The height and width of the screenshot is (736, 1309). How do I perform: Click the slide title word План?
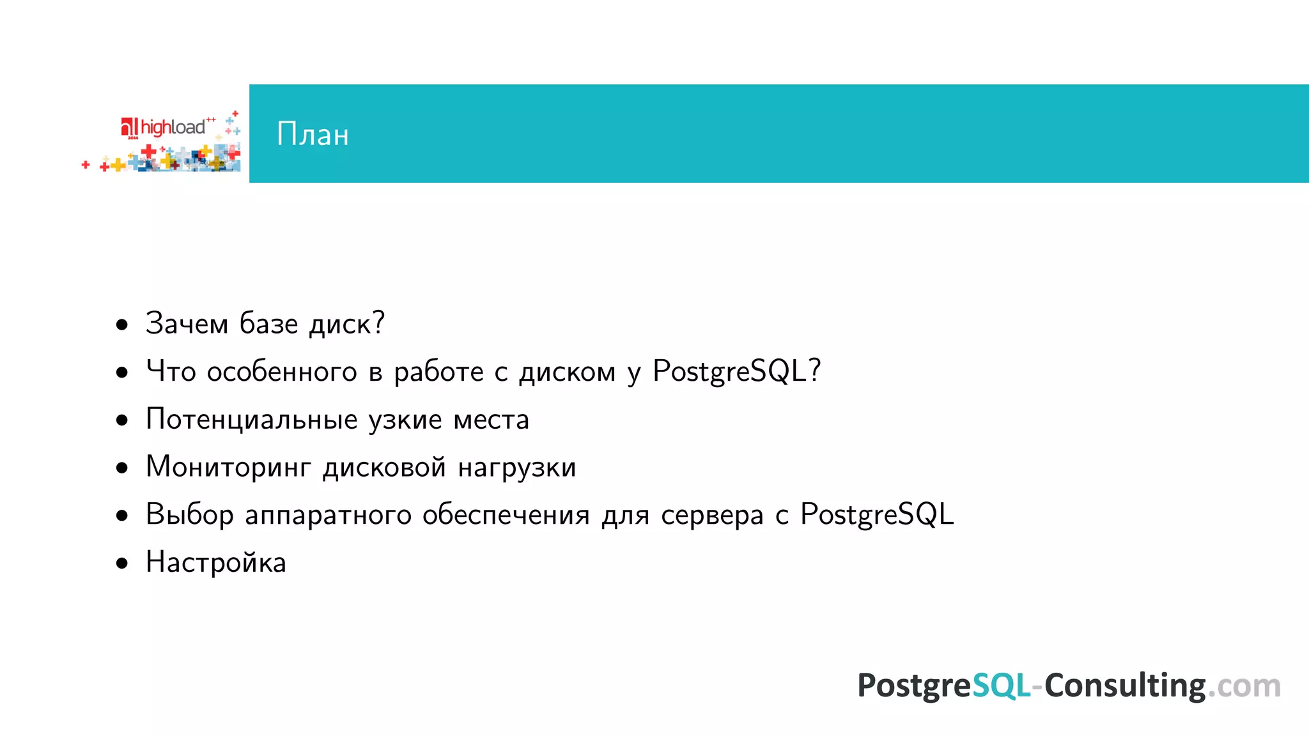[x=313, y=134]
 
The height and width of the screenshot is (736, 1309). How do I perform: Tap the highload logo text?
[x=173, y=127]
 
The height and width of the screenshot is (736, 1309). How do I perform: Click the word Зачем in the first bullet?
[x=187, y=323]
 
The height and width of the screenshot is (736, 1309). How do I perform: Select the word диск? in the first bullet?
[x=347, y=323]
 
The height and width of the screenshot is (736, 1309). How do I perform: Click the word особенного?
[x=282, y=372]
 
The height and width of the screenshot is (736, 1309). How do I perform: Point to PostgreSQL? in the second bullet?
[x=736, y=371]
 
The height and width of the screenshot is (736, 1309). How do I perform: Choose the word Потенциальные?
[x=252, y=420]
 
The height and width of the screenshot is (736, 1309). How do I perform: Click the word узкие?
[x=405, y=420]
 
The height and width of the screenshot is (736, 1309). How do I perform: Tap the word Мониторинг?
[x=228, y=468]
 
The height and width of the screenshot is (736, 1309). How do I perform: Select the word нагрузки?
[x=517, y=468]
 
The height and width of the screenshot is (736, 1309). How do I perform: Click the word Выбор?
[x=190, y=515]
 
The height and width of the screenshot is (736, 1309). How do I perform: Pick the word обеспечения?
[x=506, y=515]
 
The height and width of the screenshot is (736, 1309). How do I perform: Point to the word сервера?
[x=712, y=515]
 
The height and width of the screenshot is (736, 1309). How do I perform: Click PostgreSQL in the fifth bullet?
[x=877, y=514]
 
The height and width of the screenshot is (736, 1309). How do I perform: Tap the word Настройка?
[x=216, y=563]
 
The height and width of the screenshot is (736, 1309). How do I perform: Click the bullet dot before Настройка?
[x=122, y=563]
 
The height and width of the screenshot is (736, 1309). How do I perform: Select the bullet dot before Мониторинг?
[x=122, y=468]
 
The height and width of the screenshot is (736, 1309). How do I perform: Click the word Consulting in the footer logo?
[x=1125, y=686]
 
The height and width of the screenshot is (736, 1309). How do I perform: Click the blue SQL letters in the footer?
[x=1001, y=686]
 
